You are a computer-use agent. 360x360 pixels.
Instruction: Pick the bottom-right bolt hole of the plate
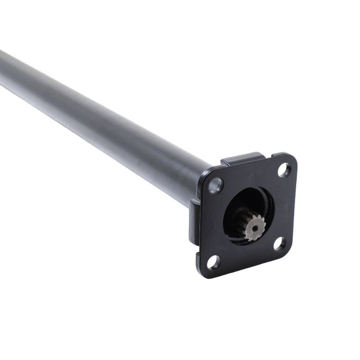click(x=279, y=244)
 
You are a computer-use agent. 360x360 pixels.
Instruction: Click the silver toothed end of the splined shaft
click(x=255, y=225)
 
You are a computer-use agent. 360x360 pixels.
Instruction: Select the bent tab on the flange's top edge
click(x=242, y=159)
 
